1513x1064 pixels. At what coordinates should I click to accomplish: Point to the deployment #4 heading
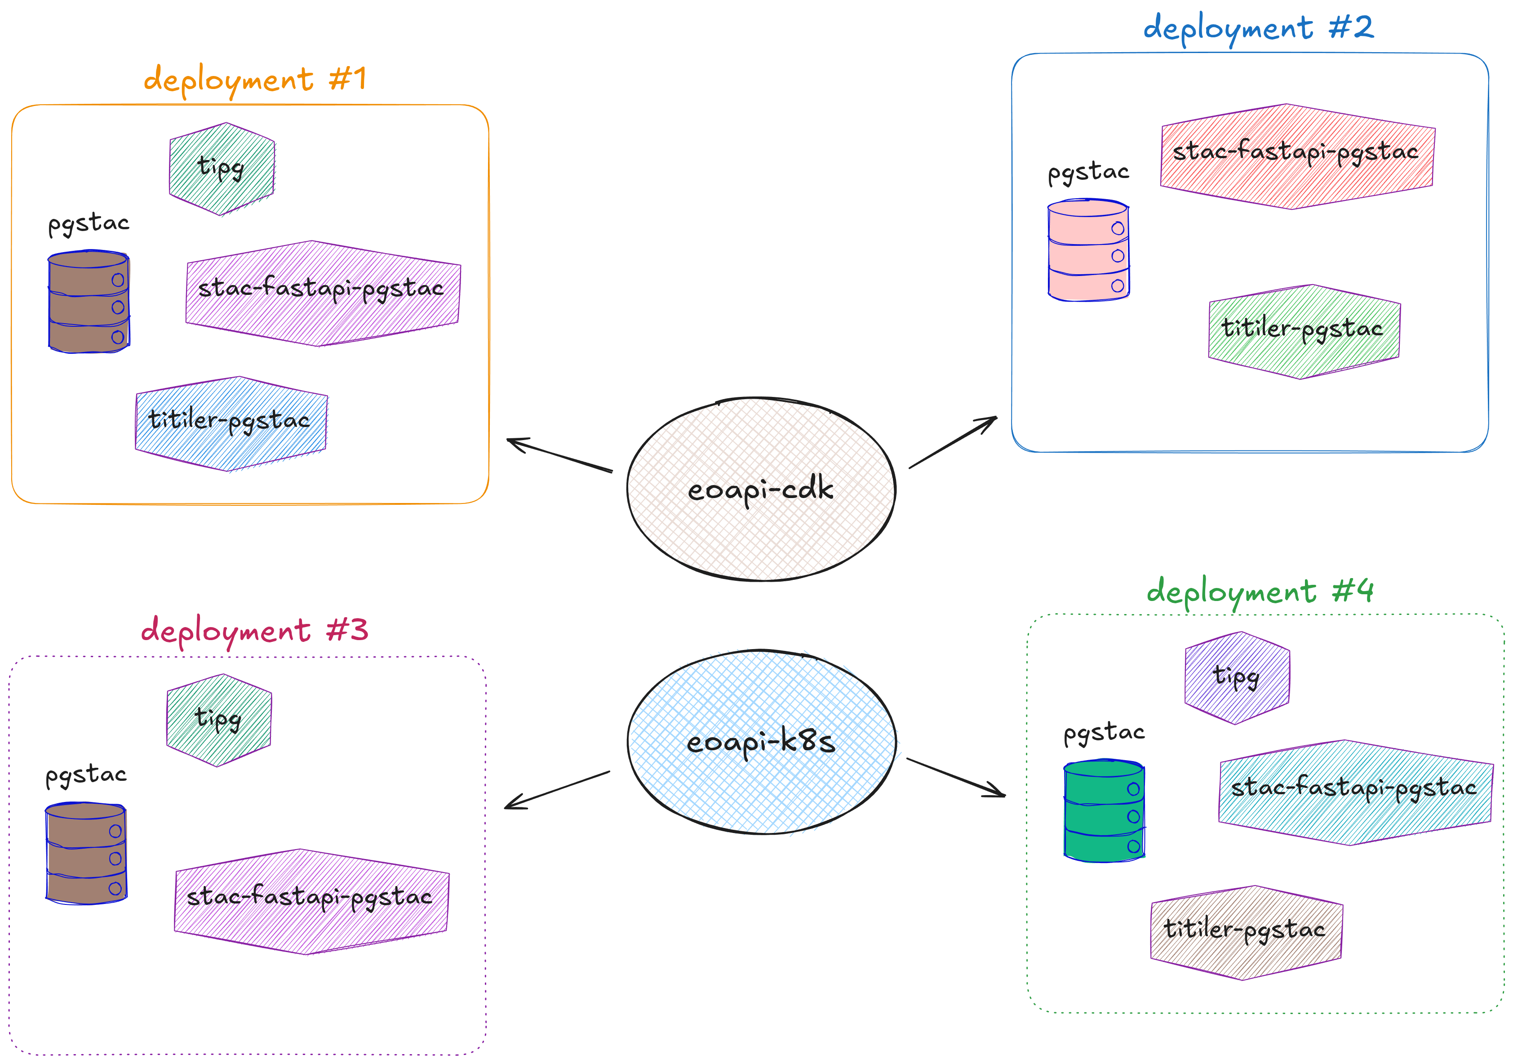(1260, 591)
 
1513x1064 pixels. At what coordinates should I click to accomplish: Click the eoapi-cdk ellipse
(761, 489)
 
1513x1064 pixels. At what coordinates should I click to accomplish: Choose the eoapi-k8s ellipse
(761, 742)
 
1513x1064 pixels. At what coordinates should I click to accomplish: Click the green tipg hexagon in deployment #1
(222, 169)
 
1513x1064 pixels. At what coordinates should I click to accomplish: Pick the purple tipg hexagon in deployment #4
(1237, 678)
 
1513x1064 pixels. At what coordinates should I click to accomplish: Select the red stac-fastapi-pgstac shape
(1297, 156)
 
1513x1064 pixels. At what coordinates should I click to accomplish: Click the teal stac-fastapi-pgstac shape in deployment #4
(1356, 792)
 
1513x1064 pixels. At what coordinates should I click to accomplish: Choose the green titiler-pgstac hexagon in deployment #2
(1304, 332)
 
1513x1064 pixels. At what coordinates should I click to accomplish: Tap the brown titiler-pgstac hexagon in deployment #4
(1246, 933)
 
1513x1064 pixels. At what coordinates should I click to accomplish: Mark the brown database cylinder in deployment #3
(86, 853)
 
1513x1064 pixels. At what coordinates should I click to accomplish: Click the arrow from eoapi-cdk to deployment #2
(953, 442)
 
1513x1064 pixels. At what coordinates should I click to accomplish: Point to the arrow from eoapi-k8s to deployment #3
(557, 790)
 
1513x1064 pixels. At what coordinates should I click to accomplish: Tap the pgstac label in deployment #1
(89, 224)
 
